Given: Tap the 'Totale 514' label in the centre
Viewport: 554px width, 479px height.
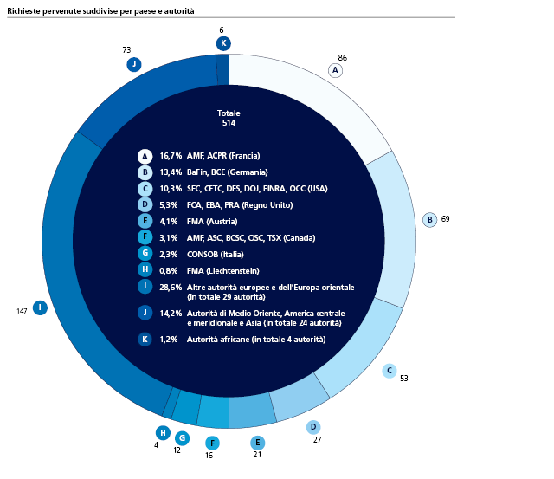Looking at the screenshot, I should (x=229, y=118).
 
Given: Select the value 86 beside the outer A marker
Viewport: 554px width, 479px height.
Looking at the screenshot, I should (x=342, y=56).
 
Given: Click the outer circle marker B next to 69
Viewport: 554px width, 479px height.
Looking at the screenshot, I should (x=428, y=220).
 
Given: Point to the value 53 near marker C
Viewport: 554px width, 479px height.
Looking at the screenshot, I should (x=404, y=378).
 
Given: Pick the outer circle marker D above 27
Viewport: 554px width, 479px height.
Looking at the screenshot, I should (x=313, y=427).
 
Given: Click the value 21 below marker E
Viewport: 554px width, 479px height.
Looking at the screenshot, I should (x=257, y=454).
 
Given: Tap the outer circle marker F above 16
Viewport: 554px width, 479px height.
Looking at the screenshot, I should (x=212, y=443).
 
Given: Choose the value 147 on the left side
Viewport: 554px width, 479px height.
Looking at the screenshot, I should (x=22, y=309).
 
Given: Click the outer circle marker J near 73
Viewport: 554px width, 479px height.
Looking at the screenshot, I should (x=133, y=64).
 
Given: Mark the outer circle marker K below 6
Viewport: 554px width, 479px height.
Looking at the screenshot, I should (x=223, y=43).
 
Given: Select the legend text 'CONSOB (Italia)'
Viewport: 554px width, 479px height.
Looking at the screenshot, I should (x=216, y=254).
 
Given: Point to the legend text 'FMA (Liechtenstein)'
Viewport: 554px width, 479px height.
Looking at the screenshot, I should (x=226, y=270).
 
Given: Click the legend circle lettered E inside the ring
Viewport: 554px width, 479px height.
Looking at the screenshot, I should (x=145, y=221).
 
